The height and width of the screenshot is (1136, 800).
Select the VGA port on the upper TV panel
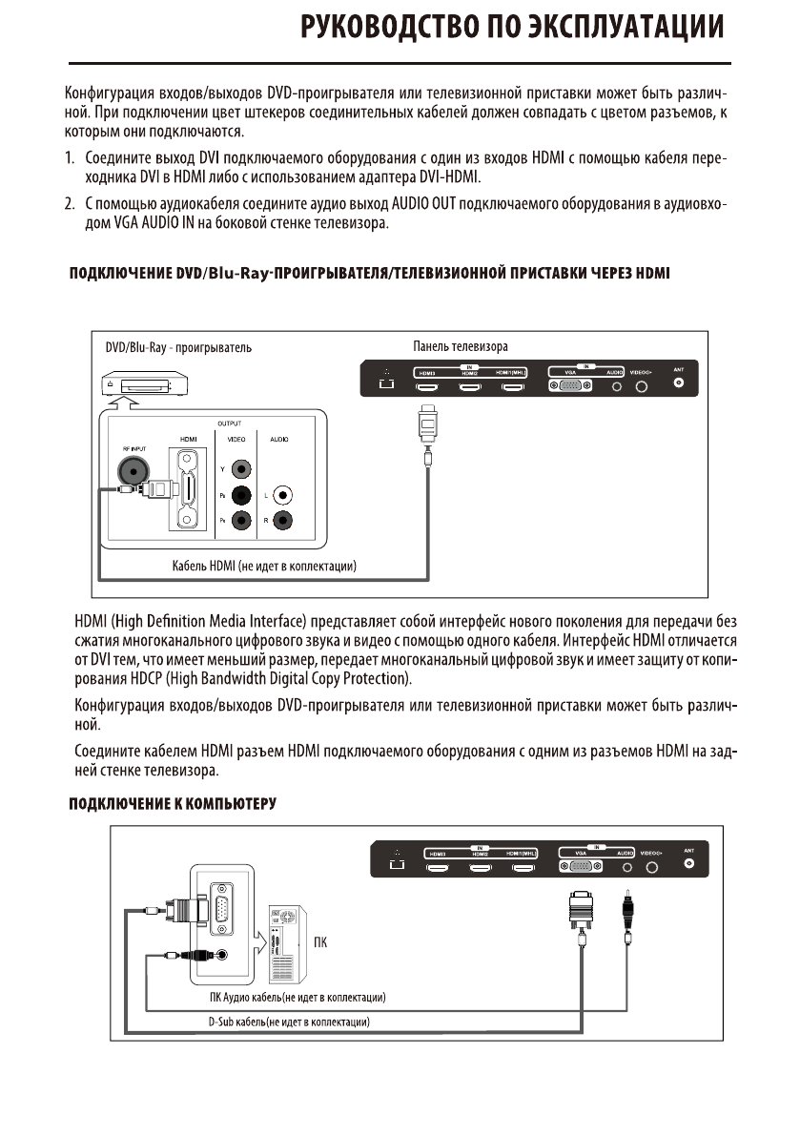click(x=569, y=384)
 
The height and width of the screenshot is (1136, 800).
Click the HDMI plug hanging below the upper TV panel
click(x=429, y=419)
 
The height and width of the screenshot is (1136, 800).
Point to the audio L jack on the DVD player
click(x=283, y=495)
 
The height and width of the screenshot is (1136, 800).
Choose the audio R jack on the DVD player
click(x=283, y=521)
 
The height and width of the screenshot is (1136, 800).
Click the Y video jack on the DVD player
click(x=241, y=469)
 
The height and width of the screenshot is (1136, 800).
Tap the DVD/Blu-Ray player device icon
click(x=135, y=383)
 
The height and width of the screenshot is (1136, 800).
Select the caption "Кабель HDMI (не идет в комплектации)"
click(x=264, y=567)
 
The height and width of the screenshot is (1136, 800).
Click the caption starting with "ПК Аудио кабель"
click(x=297, y=998)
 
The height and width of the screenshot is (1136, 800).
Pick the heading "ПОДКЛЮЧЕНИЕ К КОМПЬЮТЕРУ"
click(x=172, y=803)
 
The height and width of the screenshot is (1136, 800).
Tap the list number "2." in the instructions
click(x=70, y=204)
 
